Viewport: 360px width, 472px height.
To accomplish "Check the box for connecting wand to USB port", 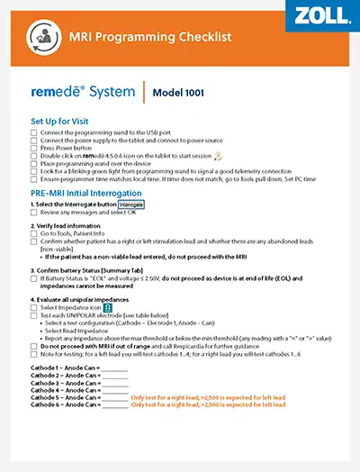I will coord(34,132).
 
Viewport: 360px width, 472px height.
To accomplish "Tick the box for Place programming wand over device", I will coord(34,163).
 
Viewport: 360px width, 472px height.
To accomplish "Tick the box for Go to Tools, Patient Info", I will coord(34,234).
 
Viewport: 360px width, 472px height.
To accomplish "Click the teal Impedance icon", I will coord(108,307).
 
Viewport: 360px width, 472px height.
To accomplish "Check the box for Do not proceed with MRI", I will coord(34,345).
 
